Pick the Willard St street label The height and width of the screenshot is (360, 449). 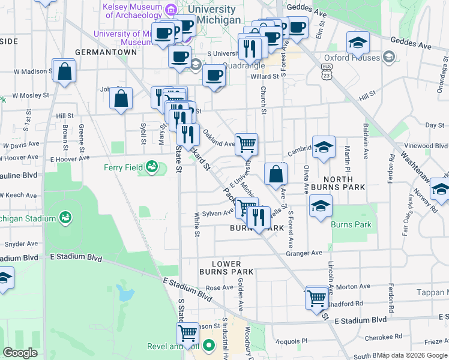coord(265,76)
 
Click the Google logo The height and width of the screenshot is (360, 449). coord(20,353)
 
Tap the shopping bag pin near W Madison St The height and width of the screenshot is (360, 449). coord(64,71)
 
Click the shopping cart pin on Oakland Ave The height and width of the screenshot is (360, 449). coord(246,145)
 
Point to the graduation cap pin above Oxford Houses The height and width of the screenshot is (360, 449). coord(358,42)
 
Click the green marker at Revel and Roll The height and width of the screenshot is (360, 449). coord(208,346)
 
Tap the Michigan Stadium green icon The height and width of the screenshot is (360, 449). coord(65,216)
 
